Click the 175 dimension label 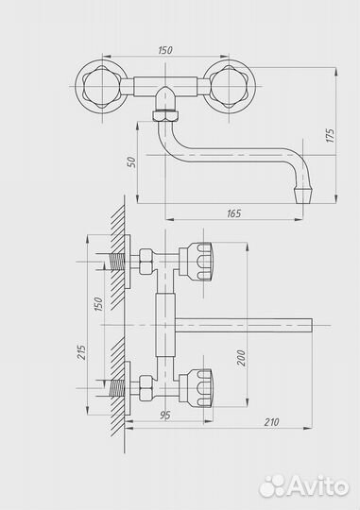[330, 135]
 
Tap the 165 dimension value [233, 213]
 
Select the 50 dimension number [130, 162]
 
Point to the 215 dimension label [81, 352]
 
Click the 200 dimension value [241, 358]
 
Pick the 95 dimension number [165, 416]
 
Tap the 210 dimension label [271, 422]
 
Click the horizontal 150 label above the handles [165, 50]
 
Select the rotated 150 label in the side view [98, 304]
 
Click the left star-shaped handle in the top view [101, 87]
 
